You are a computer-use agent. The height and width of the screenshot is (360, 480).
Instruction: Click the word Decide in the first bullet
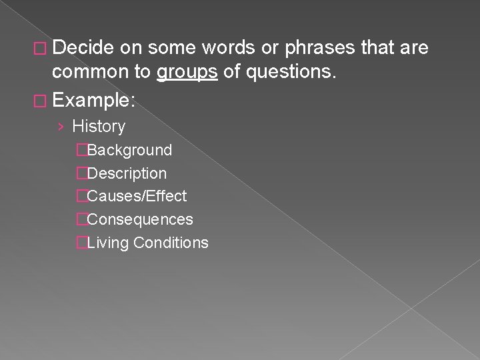pos(84,48)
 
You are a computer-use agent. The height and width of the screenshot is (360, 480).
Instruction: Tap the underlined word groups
pos(187,72)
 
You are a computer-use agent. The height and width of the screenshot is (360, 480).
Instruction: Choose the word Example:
pos(93,101)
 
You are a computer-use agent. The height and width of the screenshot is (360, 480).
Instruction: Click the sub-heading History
pos(99,126)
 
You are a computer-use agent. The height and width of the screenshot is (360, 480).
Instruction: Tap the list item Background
pos(129,151)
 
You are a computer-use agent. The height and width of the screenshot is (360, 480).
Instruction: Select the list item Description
pos(127,173)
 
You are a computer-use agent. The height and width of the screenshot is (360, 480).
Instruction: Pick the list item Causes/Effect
pos(137,196)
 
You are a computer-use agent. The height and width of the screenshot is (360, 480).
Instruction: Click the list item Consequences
pos(140,219)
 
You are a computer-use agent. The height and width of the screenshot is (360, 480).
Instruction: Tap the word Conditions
pos(171,243)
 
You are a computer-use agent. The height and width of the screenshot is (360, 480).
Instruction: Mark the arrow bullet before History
pos(61,127)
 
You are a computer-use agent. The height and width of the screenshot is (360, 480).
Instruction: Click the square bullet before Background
pos(81,151)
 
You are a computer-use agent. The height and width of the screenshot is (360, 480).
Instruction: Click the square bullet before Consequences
pos(81,219)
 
